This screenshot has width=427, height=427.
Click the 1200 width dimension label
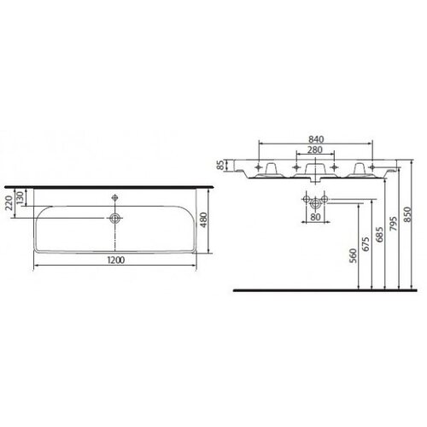116,260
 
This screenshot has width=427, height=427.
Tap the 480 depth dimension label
204,220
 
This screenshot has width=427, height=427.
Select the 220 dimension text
9,203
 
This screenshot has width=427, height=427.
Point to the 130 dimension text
20,198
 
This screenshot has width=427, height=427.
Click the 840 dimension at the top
316,139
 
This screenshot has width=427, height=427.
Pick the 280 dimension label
315,149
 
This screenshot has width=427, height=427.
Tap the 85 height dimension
221,166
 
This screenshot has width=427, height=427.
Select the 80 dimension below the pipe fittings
315,217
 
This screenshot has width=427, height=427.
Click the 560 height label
354,256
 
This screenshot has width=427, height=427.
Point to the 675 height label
366,243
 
